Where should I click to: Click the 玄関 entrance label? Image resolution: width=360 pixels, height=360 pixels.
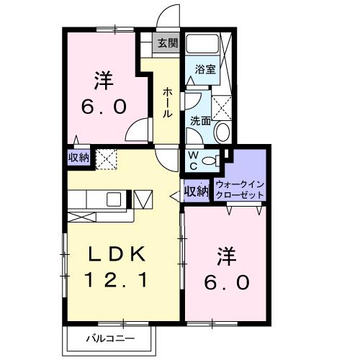tap(167, 43)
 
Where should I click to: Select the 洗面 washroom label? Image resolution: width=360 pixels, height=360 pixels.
tap(199, 121)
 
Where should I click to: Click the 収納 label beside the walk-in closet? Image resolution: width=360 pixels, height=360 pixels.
tap(196, 192)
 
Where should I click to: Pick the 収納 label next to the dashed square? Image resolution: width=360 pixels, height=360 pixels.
tap(79, 158)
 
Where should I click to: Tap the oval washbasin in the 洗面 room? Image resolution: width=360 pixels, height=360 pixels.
tap(223, 132)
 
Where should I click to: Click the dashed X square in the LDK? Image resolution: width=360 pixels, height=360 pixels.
tap(106, 158)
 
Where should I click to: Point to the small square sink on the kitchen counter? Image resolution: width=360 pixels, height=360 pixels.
tap(114, 199)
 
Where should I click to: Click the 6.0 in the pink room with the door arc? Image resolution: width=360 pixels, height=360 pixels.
tap(104, 106)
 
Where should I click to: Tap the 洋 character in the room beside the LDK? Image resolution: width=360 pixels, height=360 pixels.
tap(225, 256)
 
